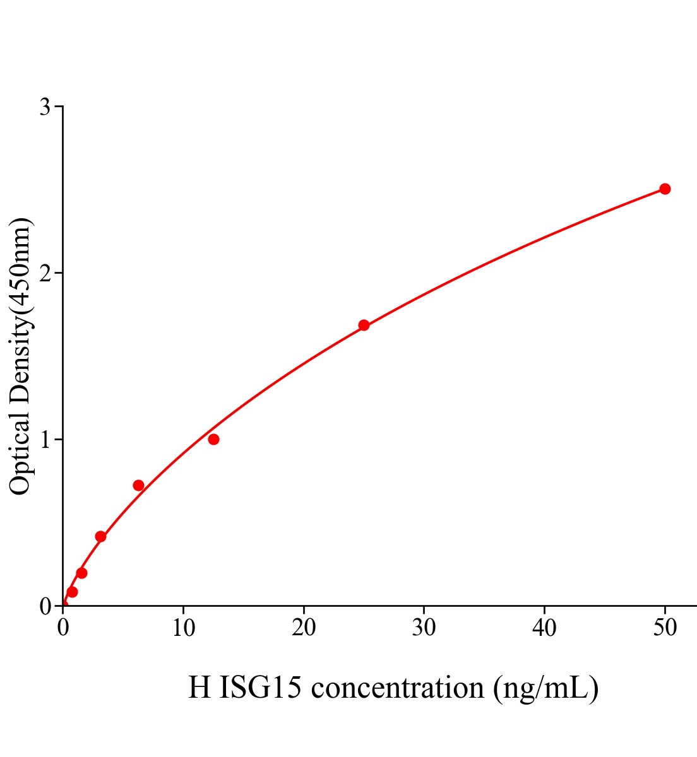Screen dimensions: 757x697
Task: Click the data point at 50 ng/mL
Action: click(665, 189)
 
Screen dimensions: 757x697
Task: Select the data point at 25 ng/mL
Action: click(364, 325)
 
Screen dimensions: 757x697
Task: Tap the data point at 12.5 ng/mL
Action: click(213, 439)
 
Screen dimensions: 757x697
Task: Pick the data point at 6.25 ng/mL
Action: click(138, 485)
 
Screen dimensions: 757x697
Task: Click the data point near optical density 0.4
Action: click(100, 536)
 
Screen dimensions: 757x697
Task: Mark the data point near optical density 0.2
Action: click(81, 573)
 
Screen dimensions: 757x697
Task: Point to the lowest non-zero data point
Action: click(72, 592)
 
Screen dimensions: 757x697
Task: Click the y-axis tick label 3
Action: click(45, 107)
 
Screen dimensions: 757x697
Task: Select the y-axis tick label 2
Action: click(45, 273)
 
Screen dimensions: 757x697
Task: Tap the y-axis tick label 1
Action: click(45, 440)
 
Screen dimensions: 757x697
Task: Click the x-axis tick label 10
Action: click(183, 628)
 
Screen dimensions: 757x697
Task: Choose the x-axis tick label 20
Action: click(304, 628)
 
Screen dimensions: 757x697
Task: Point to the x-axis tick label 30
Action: click(424, 628)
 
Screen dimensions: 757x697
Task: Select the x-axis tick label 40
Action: click(544, 628)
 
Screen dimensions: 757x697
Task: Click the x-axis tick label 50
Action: click(665, 628)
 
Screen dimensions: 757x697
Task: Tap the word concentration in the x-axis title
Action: click(398, 688)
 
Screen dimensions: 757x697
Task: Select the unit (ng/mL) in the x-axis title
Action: click(545, 688)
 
